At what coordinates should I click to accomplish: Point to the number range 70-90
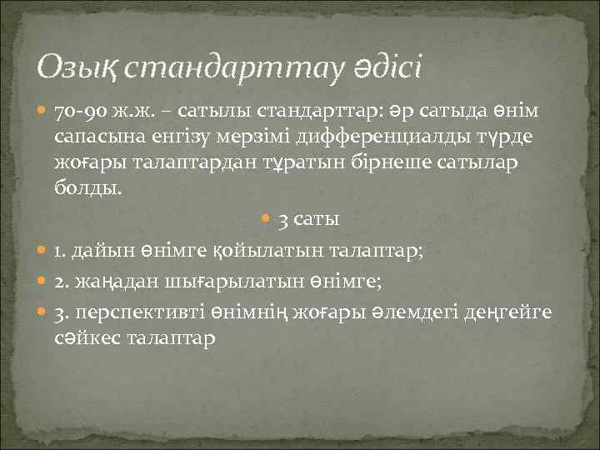pyautogui.click(x=81, y=112)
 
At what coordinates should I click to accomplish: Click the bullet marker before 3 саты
pyautogui.click(x=266, y=221)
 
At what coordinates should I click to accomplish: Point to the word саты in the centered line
pyautogui.click(x=318, y=221)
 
